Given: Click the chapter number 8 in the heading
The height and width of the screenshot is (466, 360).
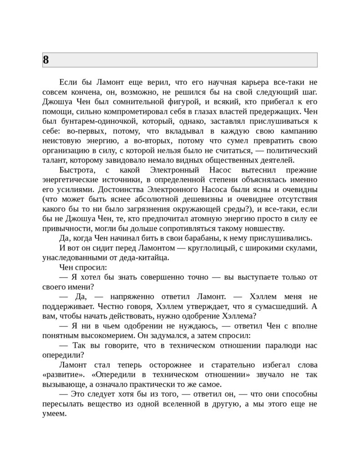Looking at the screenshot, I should (46, 60).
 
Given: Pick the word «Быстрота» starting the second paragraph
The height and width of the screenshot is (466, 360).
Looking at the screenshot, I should (77, 170).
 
